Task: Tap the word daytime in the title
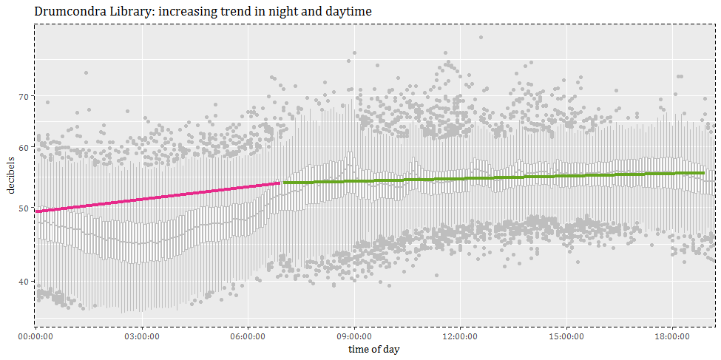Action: point(346,12)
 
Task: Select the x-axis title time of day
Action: point(374,348)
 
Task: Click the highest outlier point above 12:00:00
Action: point(481,37)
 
